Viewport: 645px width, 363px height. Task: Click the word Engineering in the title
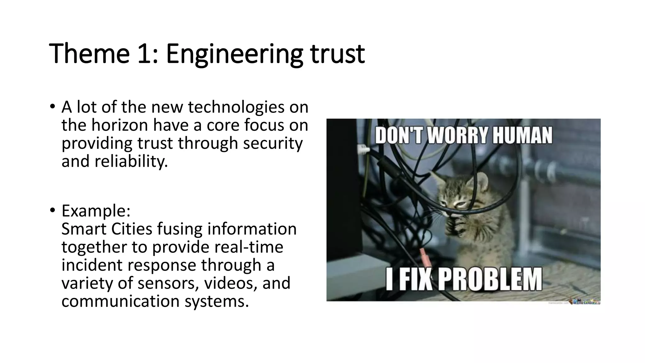coord(234,54)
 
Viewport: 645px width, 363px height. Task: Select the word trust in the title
coord(338,54)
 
